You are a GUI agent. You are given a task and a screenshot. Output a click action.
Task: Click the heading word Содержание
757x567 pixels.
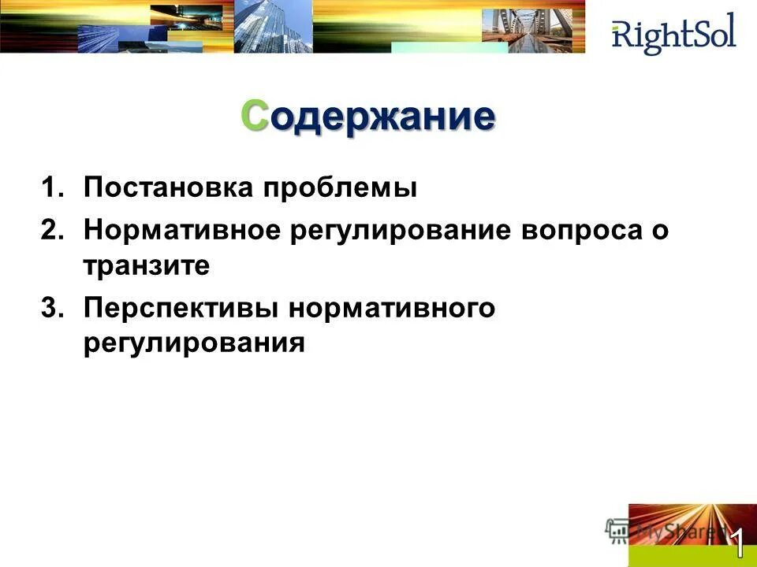click(368, 117)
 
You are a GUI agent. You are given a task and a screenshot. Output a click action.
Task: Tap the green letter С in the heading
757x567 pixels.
click(254, 117)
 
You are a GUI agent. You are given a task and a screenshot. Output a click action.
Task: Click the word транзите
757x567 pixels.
click(147, 267)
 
